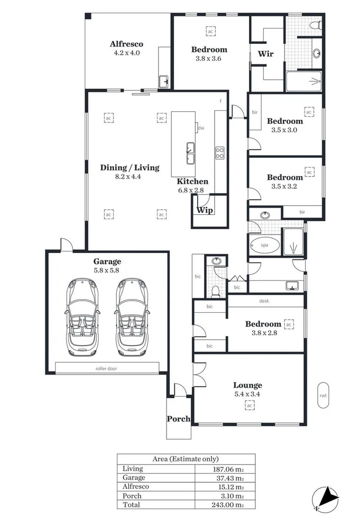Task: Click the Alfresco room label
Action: point(126,44)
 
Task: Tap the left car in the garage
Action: point(81,317)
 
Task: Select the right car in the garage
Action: point(131,317)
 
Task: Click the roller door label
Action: point(106,368)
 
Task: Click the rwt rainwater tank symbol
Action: point(322,395)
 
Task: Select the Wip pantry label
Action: point(205,210)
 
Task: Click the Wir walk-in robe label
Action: point(265,54)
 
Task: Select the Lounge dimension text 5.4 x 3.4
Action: point(247,394)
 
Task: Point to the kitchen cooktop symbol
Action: point(220,153)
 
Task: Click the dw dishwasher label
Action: point(201,128)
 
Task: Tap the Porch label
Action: point(179,419)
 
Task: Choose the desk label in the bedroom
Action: point(264,301)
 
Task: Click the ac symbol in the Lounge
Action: point(248,405)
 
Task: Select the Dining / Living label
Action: point(130,168)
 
